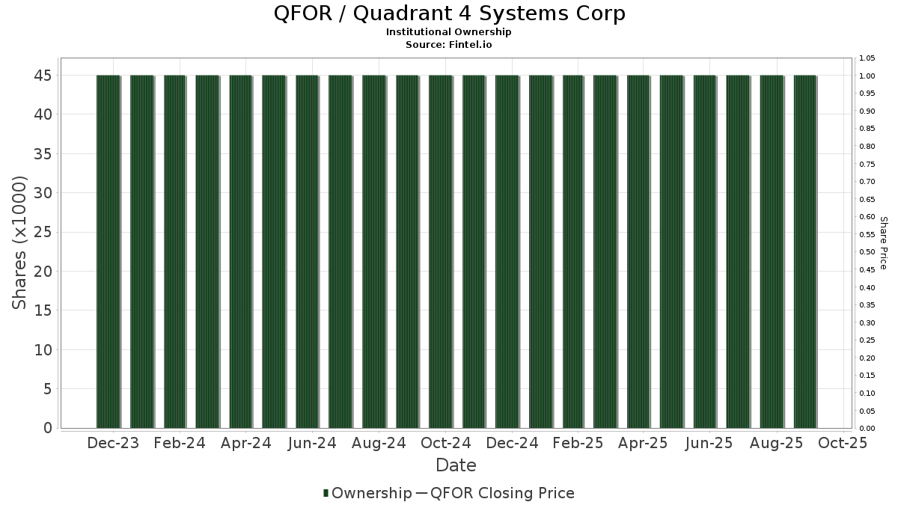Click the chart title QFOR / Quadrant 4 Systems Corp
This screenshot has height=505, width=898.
click(449, 13)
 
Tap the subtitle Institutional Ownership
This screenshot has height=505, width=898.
click(448, 32)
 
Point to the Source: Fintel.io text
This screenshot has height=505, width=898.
click(448, 44)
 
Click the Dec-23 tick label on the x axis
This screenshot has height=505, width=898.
click(113, 443)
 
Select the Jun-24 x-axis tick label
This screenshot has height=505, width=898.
click(312, 443)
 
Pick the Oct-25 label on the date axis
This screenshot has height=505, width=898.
click(843, 443)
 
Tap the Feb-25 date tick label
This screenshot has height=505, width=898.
click(578, 443)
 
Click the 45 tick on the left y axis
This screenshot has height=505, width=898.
click(43, 76)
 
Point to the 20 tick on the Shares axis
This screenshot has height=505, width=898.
click(43, 272)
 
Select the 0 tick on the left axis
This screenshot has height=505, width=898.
click(48, 428)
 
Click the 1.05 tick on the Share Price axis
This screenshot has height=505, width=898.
click(867, 58)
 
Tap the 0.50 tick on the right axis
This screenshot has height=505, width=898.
click(867, 252)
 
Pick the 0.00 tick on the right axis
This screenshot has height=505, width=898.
click(867, 429)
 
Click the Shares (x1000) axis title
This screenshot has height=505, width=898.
click(19, 243)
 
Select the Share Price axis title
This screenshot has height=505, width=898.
click(884, 243)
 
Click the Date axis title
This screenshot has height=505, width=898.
click(456, 465)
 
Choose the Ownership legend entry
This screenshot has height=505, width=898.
click(367, 493)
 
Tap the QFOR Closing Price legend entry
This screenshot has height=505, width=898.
click(495, 493)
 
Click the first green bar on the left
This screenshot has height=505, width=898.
click(109, 251)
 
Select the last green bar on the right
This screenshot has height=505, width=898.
click(805, 251)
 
